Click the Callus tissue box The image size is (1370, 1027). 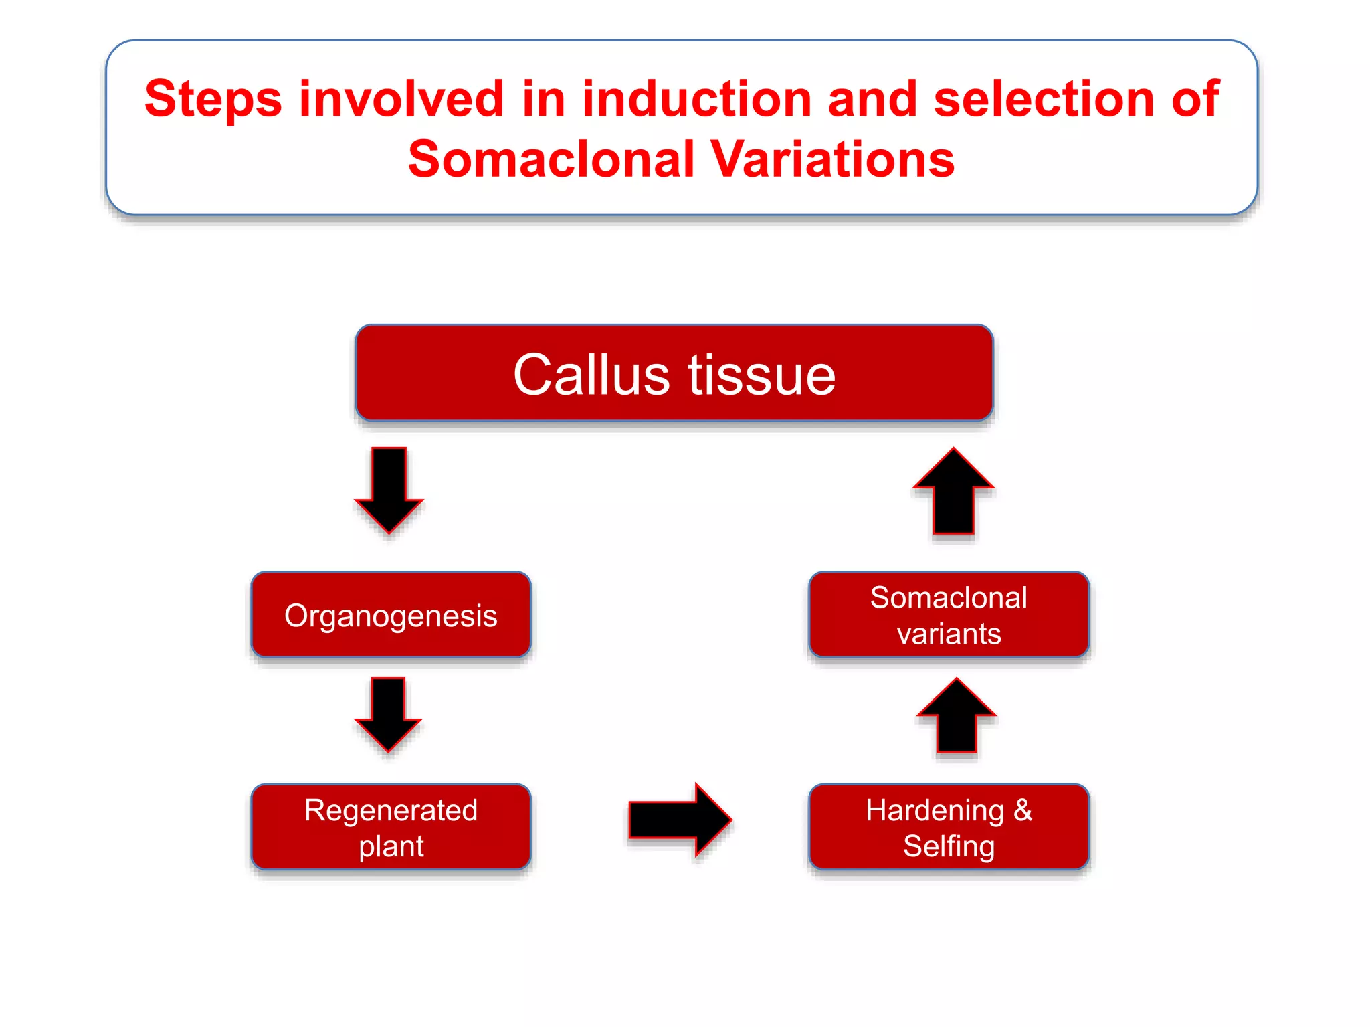[x=674, y=373]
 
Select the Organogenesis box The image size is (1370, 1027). [x=391, y=614]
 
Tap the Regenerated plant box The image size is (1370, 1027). [x=391, y=827]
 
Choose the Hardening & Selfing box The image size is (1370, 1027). [x=949, y=827]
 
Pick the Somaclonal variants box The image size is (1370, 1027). [x=949, y=614]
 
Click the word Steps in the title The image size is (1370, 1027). [x=213, y=99]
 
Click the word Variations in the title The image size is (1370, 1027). [x=832, y=159]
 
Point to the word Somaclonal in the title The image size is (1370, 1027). [x=552, y=159]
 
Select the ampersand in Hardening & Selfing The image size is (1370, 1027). [x=1022, y=810]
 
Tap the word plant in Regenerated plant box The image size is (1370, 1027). [x=391, y=846]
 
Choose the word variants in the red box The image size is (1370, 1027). [x=949, y=634]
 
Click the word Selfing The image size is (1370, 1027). [x=949, y=846]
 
